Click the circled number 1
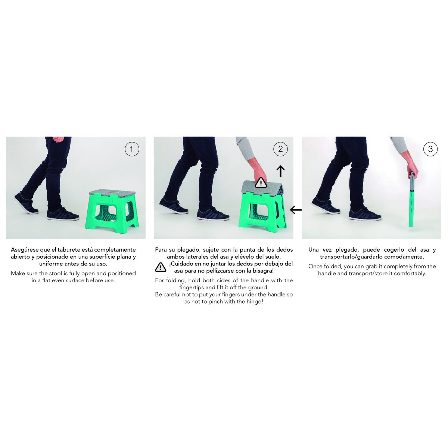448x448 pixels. (132, 149)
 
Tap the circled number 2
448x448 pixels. (280, 149)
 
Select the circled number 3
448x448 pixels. (430, 149)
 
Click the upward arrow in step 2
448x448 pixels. (280, 171)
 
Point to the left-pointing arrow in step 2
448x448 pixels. (296, 210)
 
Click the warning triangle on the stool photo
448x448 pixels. (261, 183)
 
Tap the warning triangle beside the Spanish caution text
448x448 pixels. (161, 267)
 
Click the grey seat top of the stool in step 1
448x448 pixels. (112, 193)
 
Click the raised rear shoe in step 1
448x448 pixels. (26, 203)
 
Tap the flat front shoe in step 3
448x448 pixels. (364, 215)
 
